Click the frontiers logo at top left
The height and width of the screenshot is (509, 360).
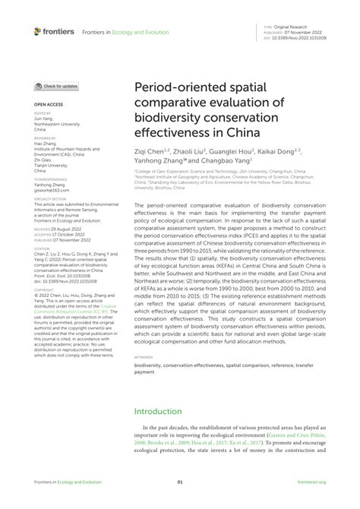54,31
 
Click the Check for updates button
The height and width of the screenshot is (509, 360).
56,87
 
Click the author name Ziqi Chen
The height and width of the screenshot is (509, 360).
150,151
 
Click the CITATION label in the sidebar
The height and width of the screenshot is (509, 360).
41,248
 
